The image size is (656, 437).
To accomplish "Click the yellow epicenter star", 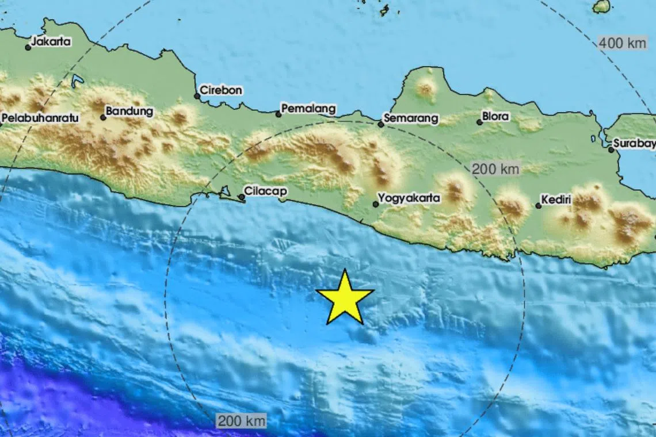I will (x=345, y=298).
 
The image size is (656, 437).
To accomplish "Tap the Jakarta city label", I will (x=51, y=41).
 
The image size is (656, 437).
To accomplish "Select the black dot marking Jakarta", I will (x=28, y=47).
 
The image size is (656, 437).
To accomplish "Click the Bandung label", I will (x=129, y=111).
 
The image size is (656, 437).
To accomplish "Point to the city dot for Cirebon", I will (x=197, y=96).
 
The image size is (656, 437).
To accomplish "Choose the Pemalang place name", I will (x=308, y=109).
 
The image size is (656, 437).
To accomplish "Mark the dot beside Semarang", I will (x=380, y=124).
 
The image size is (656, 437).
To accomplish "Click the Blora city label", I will (x=495, y=116).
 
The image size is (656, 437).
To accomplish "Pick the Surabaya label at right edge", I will (x=634, y=143).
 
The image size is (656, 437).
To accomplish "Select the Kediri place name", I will (x=556, y=200).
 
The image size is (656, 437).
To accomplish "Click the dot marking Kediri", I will (x=538, y=205).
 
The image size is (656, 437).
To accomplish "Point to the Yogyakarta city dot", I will (x=375, y=204).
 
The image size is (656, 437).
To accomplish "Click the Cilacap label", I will (x=265, y=190).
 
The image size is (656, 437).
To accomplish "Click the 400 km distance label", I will (x=622, y=43).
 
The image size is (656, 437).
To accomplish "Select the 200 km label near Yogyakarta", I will (x=495, y=169).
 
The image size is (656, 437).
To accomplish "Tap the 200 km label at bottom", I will (x=242, y=421).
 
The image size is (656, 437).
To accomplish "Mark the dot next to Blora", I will (x=479, y=122).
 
